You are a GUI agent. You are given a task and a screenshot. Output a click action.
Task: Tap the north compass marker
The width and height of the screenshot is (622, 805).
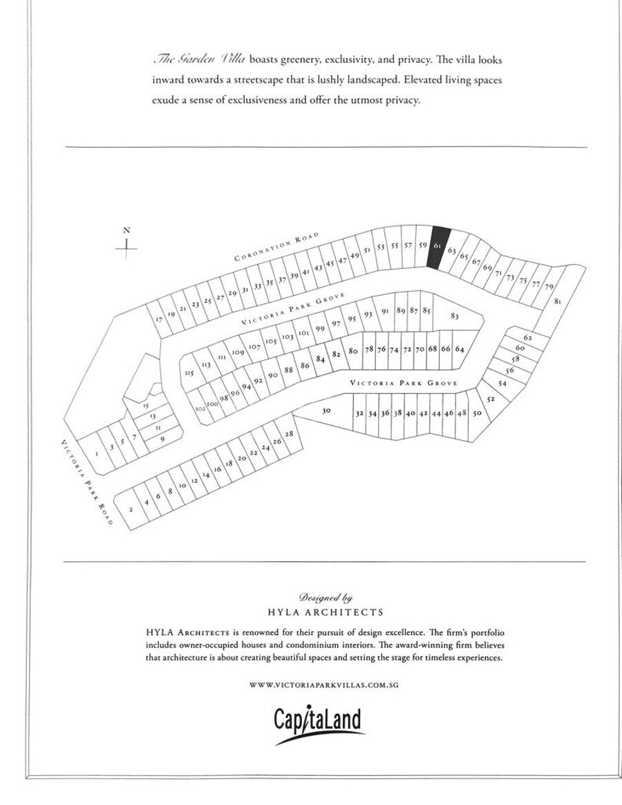tap(126, 243)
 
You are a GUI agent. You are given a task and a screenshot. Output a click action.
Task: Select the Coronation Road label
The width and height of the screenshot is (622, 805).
tap(276, 247)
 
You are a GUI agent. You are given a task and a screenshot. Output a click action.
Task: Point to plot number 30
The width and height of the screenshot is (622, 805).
tap(327, 410)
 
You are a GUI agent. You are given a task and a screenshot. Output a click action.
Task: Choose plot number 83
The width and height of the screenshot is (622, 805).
tap(454, 316)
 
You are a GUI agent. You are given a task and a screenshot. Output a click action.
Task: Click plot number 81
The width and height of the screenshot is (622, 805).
tap(558, 301)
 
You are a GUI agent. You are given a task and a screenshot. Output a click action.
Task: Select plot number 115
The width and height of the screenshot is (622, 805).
tap(189, 373)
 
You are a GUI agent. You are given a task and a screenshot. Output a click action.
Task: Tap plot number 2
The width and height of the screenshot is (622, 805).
tap(131, 510)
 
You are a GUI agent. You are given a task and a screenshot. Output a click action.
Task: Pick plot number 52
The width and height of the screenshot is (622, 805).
tap(491, 399)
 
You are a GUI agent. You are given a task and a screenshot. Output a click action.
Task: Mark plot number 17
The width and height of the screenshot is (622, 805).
tap(159, 319)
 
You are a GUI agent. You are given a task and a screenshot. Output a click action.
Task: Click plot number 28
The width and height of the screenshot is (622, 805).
tap(289, 434)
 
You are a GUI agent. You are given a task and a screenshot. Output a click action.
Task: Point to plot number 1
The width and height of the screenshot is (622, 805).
tap(97, 453)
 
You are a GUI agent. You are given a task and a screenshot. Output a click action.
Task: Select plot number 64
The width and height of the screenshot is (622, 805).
tap(459, 349)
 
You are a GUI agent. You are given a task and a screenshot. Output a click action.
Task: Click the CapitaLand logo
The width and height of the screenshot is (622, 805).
tap(318, 723)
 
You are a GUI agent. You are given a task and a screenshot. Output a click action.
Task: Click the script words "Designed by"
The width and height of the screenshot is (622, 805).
tap(326, 598)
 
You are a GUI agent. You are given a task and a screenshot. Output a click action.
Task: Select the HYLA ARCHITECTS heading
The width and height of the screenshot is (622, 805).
tap(326, 612)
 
